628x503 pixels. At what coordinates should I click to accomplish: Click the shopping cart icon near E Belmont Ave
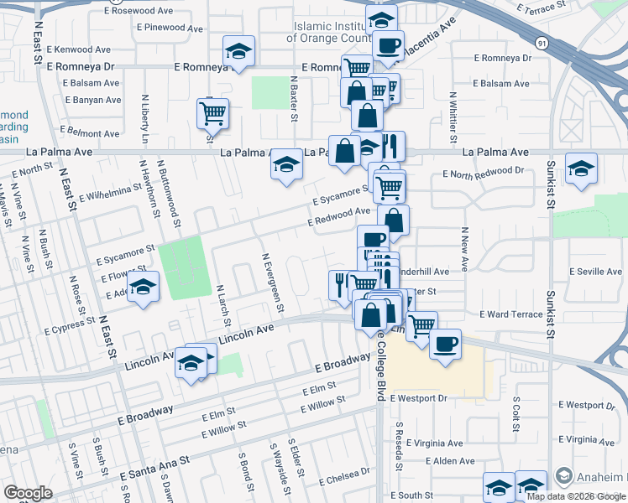click(x=213, y=112)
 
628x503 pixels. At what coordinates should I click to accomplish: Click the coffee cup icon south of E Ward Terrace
click(x=445, y=342)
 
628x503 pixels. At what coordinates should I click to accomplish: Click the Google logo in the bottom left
click(x=28, y=493)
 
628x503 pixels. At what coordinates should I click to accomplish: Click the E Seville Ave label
click(x=596, y=272)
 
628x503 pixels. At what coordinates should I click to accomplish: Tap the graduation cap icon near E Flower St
click(x=144, y=288)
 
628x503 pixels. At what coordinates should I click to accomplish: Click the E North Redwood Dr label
click(x=483, y=173)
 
